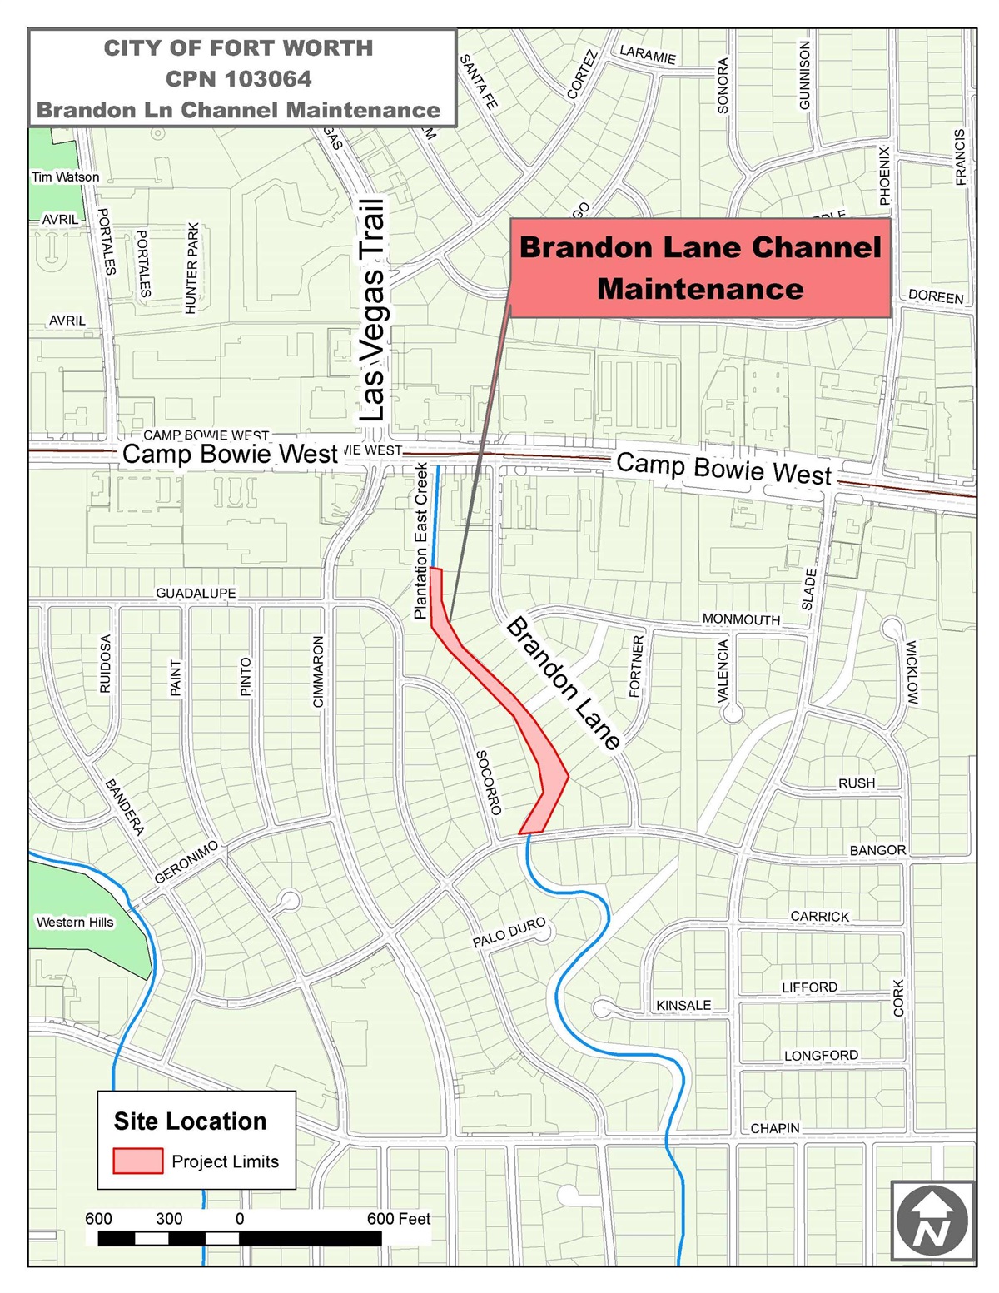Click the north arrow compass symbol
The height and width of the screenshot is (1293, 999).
coord(932,1221)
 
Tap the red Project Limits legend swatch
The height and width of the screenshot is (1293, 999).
coord(137,1161)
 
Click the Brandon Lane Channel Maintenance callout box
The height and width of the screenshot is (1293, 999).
coord(699,268)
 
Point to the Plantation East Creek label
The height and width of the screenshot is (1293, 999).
coord(421,541)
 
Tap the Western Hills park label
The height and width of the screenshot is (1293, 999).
coord(75,922)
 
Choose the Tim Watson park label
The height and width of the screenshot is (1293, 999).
coord(65,177)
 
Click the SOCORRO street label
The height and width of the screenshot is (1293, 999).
coord(489,782)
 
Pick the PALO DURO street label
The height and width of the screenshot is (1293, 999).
coord(509,932)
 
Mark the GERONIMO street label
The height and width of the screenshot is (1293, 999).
coord(186,862)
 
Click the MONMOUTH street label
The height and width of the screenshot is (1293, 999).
coord(741,619)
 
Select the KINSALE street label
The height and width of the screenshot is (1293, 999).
coord(683,1005)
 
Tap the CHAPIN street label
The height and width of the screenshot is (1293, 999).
coord(775,1128)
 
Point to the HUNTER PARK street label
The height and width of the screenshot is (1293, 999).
coord(192,268)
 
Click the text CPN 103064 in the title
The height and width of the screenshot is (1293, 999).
coord(238,79)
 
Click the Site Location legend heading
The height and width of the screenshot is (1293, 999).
coord(190,1121)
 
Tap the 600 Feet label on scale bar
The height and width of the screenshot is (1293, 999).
coord(399,1219)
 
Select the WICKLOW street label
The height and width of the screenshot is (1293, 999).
coord(912,673)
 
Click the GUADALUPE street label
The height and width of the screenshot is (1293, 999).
coord(196,593)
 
